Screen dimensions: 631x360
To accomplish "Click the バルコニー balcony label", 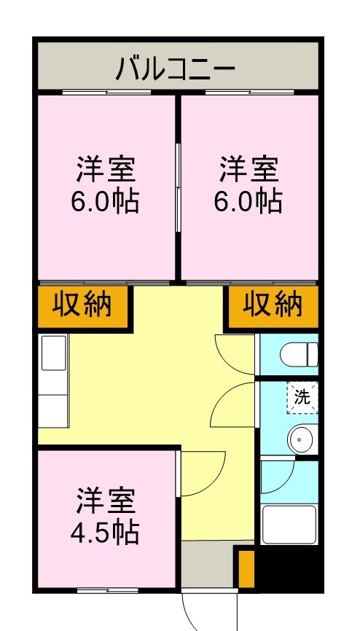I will pyautogui.click(x=176, y=68).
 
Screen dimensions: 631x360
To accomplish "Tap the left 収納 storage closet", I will pyautogui.click(x=82, y=305).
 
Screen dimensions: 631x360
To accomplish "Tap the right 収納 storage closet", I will pyautogui.click(x=273, y=305).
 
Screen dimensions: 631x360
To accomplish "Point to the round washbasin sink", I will pyautogui.click(x=300, y=439).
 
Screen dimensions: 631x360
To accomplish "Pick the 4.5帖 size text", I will pyautogui.click(x=104, y=533).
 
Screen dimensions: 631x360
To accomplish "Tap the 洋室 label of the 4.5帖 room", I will pyautogui.click(x=104, y=503).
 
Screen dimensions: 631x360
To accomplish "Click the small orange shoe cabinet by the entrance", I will pyautogui.click(x=246, y=569).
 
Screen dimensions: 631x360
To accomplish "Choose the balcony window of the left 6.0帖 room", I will pyautogui.click(x=106, y=93).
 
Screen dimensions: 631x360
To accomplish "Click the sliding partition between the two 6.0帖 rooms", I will pyautogui.click(x=178, y=187).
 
